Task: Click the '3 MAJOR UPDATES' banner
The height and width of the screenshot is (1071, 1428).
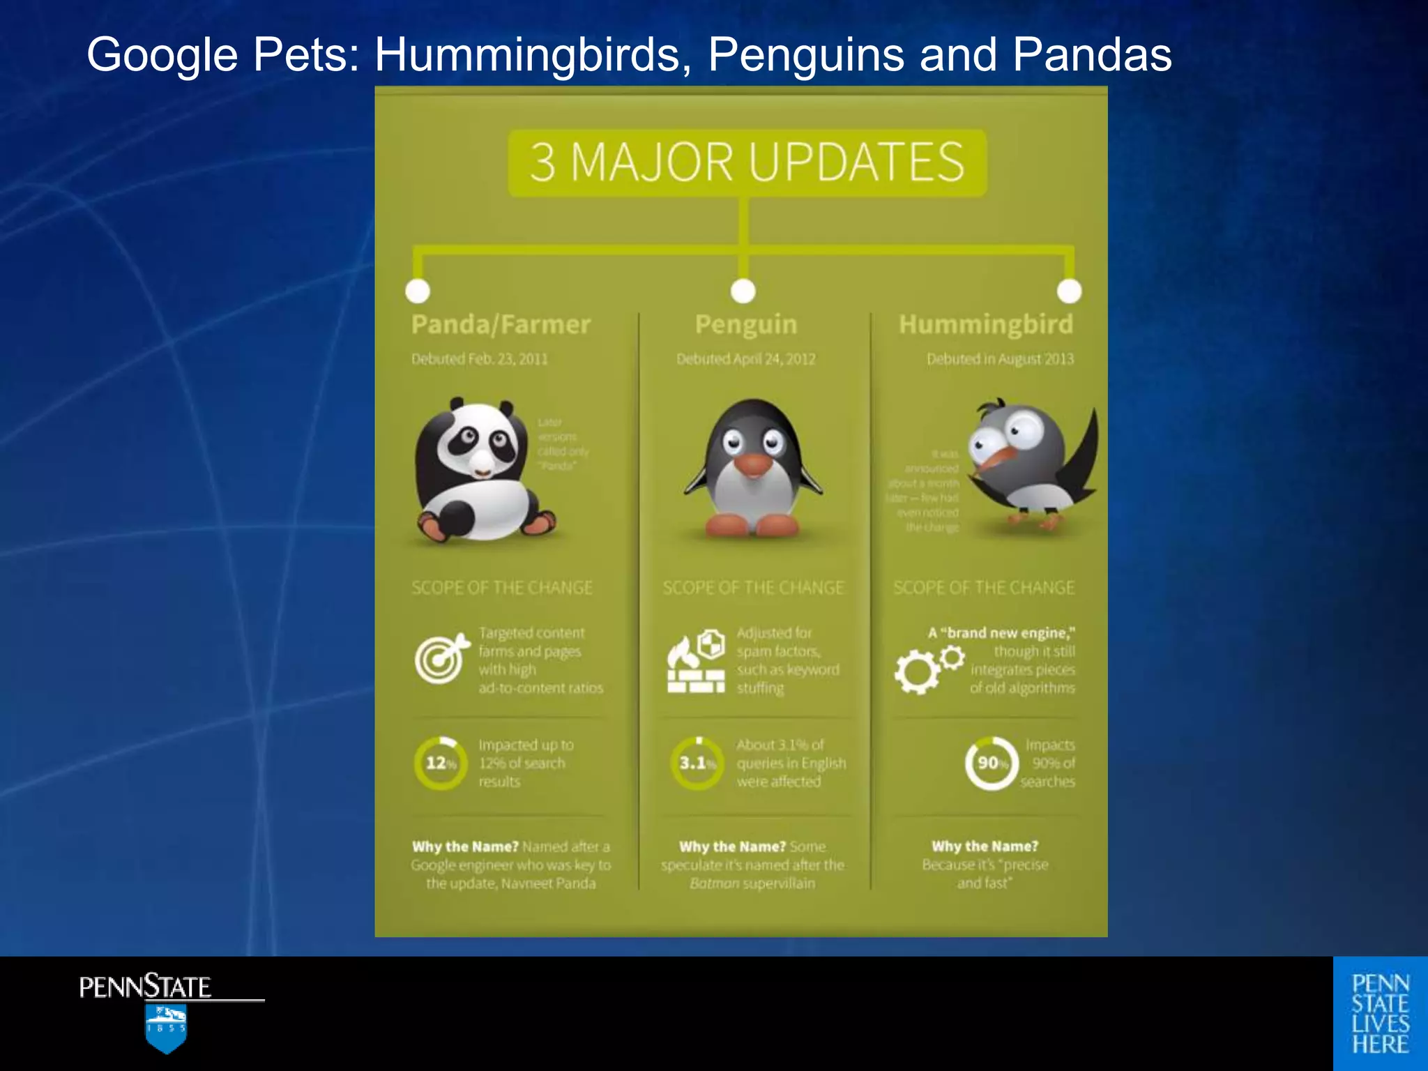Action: point(747,162)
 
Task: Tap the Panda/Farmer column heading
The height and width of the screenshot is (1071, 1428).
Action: point(501,324)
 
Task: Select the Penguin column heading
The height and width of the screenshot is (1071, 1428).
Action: point(745,324)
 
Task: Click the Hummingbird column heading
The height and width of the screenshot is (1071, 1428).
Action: point(985,324)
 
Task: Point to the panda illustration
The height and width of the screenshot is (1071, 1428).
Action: point(481,471)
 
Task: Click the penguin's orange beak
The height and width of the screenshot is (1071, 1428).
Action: point(753,465)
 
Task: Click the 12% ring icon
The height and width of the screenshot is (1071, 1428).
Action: point(440,764)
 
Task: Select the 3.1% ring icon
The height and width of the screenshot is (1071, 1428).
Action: point(697,764)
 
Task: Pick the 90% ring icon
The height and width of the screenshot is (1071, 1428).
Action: point(992,764)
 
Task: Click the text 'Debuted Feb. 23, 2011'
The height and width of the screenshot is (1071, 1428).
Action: point(480,359)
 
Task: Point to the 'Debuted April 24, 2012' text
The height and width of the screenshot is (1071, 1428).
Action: point(745,359)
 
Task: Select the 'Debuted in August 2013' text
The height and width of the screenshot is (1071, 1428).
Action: point(1000,359)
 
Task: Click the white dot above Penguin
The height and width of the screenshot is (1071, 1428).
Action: point(743,291)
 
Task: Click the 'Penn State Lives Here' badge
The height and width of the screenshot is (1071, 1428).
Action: point(1380,1014)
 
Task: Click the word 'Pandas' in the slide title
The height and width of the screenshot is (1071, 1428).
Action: point(1092,54)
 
